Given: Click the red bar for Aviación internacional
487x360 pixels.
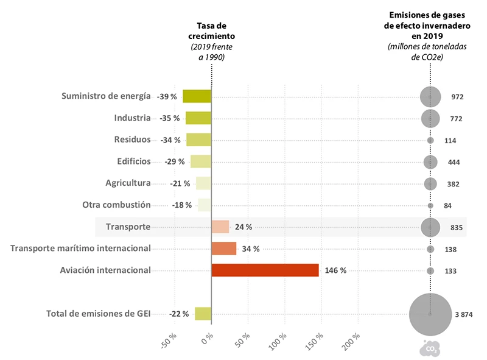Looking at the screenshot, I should coord(265,270).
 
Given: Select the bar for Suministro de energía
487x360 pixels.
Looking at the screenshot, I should coord(197,96).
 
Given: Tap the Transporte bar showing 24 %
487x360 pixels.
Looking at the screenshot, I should coord(220,227).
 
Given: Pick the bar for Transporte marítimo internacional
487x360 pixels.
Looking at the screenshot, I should coord(223,249).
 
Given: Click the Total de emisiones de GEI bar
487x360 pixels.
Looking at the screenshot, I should coord(203,314).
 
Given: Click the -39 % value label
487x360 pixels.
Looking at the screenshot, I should coord(167,97).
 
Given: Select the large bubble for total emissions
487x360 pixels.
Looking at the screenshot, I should coord(430,314).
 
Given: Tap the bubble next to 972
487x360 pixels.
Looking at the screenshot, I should coord(430,96).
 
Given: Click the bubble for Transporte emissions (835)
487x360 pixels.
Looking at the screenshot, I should coord(430,227).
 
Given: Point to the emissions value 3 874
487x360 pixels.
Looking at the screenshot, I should coord(464,314).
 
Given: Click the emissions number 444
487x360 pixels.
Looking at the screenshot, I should coord(454,162).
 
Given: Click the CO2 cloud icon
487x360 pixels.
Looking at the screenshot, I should coord(430,348).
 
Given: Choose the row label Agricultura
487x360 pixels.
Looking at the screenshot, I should coord(128,183).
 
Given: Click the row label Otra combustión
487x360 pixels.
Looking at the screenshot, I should coord(116,205).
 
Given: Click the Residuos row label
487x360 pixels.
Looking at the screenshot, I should coord(132,139).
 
